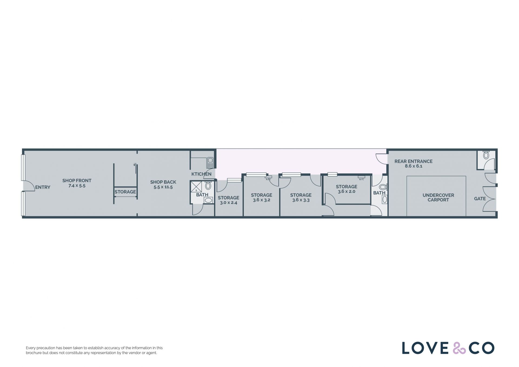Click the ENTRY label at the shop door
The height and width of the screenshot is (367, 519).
43,187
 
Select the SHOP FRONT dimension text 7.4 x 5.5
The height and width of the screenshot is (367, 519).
77,186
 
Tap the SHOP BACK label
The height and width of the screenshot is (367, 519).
163,182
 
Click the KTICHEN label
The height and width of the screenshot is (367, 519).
201,174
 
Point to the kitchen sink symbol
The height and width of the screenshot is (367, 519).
210,162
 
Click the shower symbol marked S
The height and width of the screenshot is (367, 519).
196,187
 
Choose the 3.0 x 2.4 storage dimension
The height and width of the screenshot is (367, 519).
228,203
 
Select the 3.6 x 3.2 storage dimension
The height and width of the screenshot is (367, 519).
261,200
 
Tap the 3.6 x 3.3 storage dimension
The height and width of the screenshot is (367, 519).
301,200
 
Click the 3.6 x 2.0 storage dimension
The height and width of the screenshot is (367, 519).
347,191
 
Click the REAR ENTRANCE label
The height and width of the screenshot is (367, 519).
413,161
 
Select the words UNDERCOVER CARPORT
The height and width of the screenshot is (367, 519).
438,197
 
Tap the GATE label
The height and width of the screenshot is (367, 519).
480,199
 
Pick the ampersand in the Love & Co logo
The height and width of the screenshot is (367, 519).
459,348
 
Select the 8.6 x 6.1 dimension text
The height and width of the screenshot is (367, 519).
413,166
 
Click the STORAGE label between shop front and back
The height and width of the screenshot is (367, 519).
125,192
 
